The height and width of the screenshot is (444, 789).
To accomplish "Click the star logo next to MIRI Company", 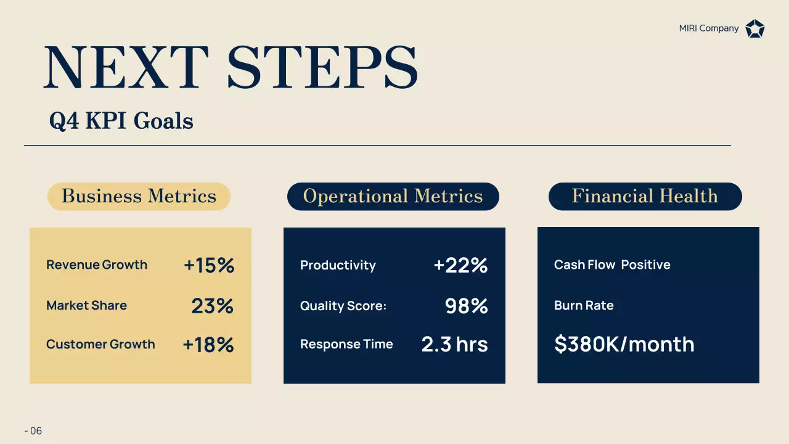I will click(754, 28).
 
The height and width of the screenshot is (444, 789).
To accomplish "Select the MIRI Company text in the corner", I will click(708, 28).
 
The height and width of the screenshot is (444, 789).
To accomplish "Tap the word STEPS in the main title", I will click(322, 67).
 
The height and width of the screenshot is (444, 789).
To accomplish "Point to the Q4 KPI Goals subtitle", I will click(121, 121).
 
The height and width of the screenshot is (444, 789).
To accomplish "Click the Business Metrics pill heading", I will click(139, 196).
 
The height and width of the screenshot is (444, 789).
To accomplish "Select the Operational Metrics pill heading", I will click(393, 196).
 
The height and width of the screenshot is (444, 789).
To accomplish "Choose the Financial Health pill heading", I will click(645, 196).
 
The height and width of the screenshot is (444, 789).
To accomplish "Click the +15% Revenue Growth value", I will click(209, 265).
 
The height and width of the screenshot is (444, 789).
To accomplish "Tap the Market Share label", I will click(86, 305).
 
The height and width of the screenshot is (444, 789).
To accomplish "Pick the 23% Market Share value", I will click(212, 306).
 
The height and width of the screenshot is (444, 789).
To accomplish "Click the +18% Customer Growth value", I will click(208, 345).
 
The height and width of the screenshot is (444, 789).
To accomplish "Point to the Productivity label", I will click(338, 265).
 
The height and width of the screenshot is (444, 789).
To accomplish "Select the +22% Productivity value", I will click(460, 265).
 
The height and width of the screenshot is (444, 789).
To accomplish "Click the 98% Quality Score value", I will click(466, 306).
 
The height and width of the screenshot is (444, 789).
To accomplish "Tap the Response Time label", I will click(346, 344).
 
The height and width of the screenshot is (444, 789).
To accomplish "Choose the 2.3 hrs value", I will click(454, 344).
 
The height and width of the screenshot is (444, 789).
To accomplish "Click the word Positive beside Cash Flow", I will click(645, 265).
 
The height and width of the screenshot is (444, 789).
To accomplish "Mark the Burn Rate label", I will click(584, 305).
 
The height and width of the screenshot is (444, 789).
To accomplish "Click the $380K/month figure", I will click(624, 344).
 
